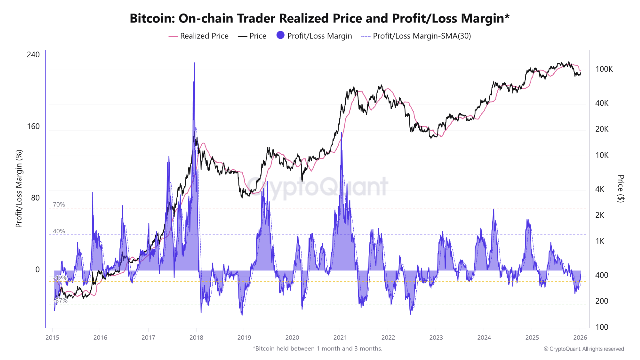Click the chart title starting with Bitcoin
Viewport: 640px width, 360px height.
click(x=320, y=19)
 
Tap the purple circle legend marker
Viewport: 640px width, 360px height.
click(x=281, y=36)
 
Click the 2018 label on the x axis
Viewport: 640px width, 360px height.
click(x=196, y=337)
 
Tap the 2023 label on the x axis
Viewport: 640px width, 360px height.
click(x=436, y=337)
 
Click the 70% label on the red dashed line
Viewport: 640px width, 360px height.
click(x=59, y=205)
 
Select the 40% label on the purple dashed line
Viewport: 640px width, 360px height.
click(x=59, y=231)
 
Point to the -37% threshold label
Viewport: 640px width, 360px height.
click(x=60, y=301)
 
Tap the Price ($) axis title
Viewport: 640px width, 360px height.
click(x=621, y=189)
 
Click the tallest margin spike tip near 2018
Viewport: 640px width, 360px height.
click(x=194, y=63)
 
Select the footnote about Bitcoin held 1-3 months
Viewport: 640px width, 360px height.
click(x=317, y=348)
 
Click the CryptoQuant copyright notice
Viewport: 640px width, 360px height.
click(x=584, y=349)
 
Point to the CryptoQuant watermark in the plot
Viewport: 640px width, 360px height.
click(x=318, y=187)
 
